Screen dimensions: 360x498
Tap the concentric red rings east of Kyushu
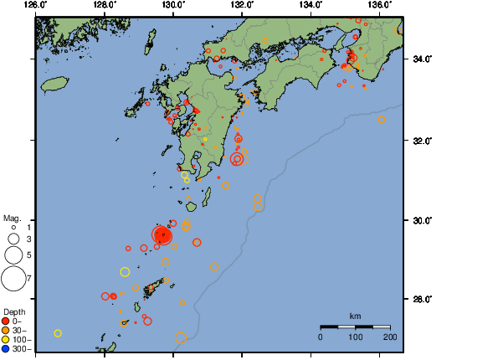(237, 158)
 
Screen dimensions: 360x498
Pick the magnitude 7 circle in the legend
(13, 277)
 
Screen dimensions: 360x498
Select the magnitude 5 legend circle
(13, 255)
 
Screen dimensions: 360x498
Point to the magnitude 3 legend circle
(14, 239)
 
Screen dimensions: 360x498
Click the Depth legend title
(14, 311)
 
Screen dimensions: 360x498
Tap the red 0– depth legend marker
(6, 321)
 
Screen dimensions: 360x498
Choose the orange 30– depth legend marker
(6, 330)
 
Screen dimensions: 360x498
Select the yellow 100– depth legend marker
(6, 339)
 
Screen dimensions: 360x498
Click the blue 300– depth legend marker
(6, 348)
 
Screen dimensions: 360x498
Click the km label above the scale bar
(355, 316)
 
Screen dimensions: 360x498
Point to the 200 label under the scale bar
(390, 337)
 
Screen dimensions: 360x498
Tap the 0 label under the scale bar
(321, 337)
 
